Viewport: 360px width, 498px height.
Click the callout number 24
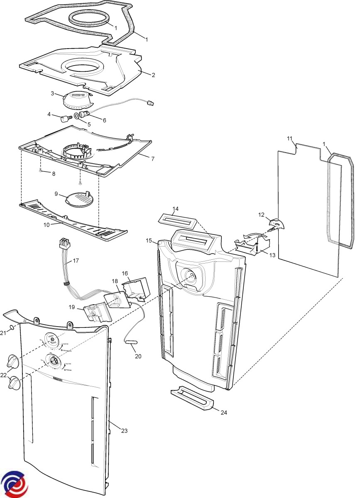click(x=224, y=413)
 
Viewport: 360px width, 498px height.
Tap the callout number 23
click(x=124, y=431)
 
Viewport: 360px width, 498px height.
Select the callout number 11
click(x=290, y=138)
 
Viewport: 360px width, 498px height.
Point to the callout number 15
click(x=149, y=240)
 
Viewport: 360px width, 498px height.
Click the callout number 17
click(x=76, y=261)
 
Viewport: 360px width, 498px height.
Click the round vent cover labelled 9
click(x=79, y=198)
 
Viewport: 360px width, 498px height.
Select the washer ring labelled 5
click(x=77, y=116)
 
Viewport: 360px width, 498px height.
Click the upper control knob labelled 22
click(x=13, y=361)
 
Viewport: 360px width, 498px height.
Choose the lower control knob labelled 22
click(x=14, y=383)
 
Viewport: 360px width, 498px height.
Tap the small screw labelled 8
click(x=40, y=170)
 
